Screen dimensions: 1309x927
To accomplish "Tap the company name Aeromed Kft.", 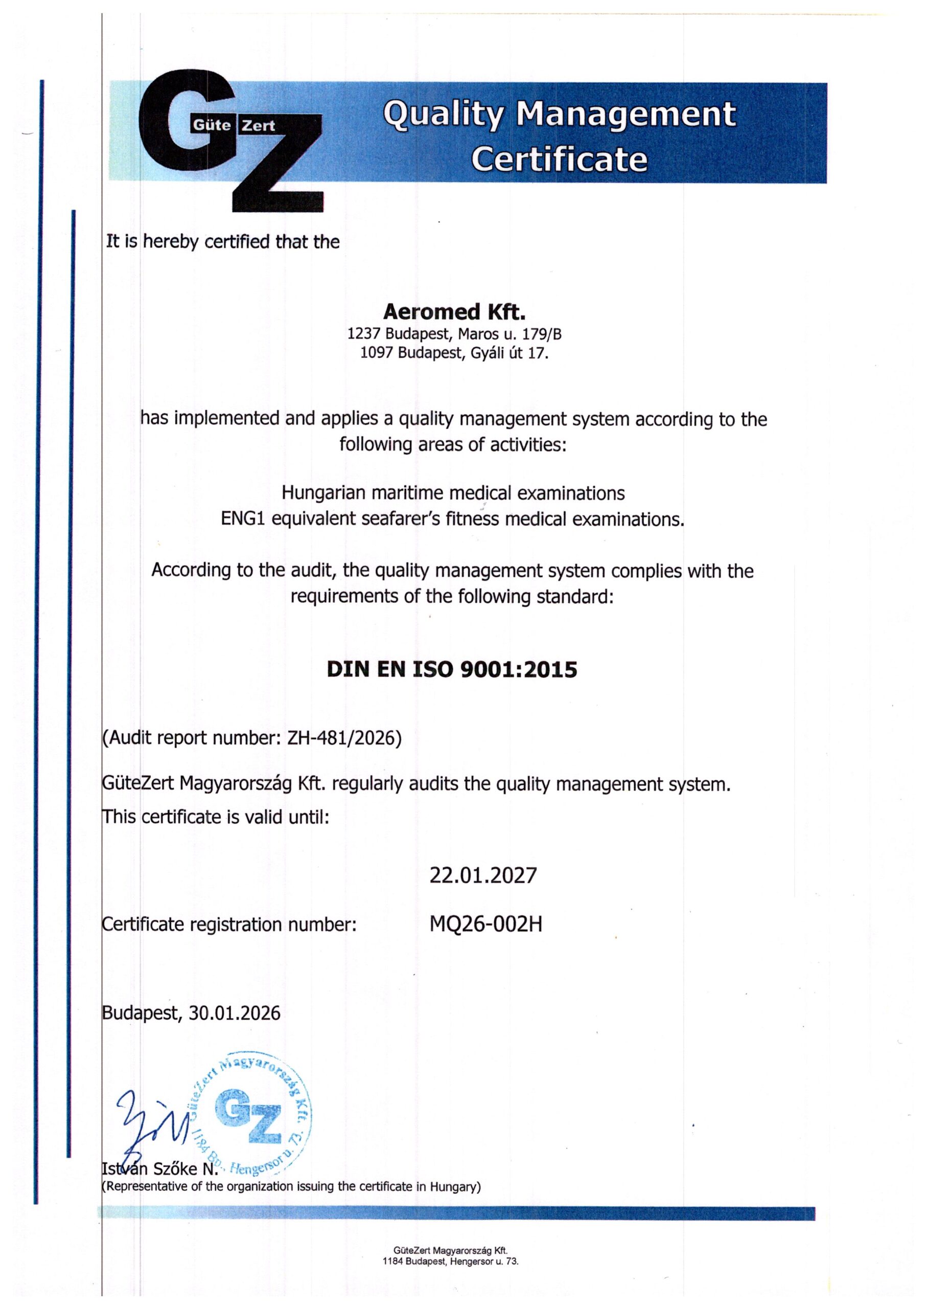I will tap(454, 312).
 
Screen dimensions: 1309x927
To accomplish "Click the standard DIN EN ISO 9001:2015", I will tap(452, 669).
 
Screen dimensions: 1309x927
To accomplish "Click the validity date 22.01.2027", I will tap(483, 875).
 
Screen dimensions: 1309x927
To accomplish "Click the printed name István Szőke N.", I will tap(160, 1168).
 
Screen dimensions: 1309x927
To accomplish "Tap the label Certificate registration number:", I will tap(229, 924).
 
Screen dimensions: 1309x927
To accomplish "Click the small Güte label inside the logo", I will tap(212, 125).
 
